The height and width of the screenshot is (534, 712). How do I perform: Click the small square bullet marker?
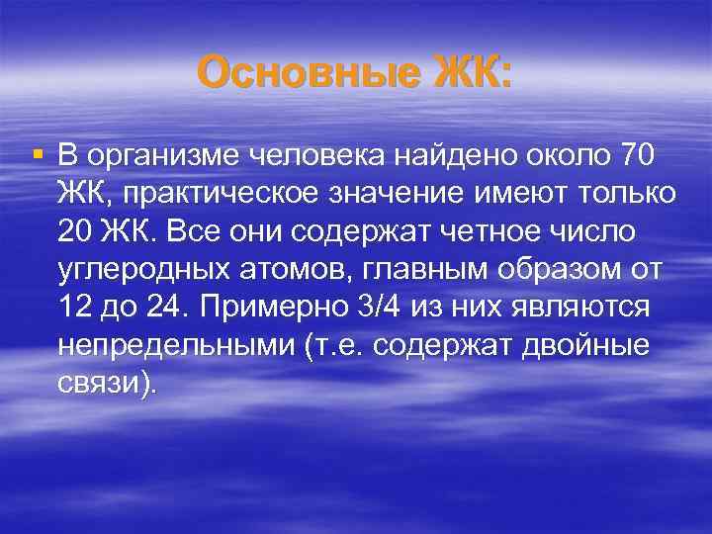click(38, 154)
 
